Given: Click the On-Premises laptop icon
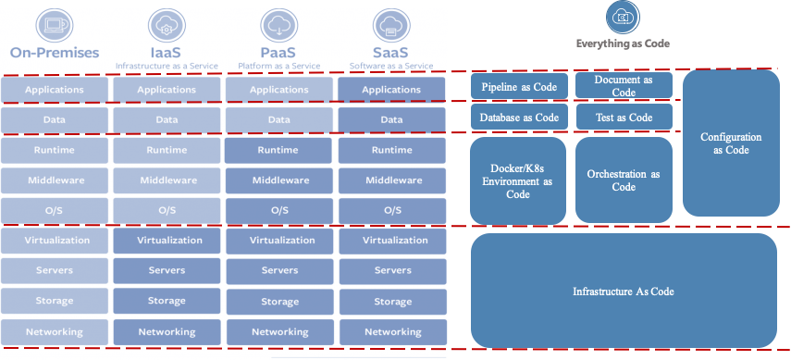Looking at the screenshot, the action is tap(55, 24).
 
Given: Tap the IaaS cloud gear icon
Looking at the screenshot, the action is tap(167, 25).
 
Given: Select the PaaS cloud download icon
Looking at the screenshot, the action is tap(279, 25).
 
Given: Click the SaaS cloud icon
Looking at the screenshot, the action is tap(391, 25).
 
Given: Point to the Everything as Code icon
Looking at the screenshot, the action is tap(623, 18).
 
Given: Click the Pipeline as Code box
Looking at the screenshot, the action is tap(519, 86).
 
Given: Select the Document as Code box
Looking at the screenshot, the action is tap(624, 85).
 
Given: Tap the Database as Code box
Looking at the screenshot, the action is tap(519, 118).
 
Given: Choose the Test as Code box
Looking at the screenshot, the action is tap(624, 118).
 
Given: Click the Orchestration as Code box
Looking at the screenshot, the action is tap(624, 180).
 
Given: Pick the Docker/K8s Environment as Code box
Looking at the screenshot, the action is tap(517, 180).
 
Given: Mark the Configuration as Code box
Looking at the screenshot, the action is tap(731, 143).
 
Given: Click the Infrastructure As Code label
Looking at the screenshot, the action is tap(624, 292).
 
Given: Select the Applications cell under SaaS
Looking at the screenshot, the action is tap(391, 90).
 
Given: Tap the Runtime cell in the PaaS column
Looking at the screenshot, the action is tap(278, 151).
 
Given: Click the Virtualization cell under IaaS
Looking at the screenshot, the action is tap(167, 241).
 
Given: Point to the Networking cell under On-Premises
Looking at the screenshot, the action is tap(55, 331).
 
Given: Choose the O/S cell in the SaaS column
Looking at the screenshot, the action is tap(392, 211).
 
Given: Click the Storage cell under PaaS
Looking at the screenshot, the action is tap(279, 302).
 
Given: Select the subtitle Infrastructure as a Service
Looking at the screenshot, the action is tap(167, 66).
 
